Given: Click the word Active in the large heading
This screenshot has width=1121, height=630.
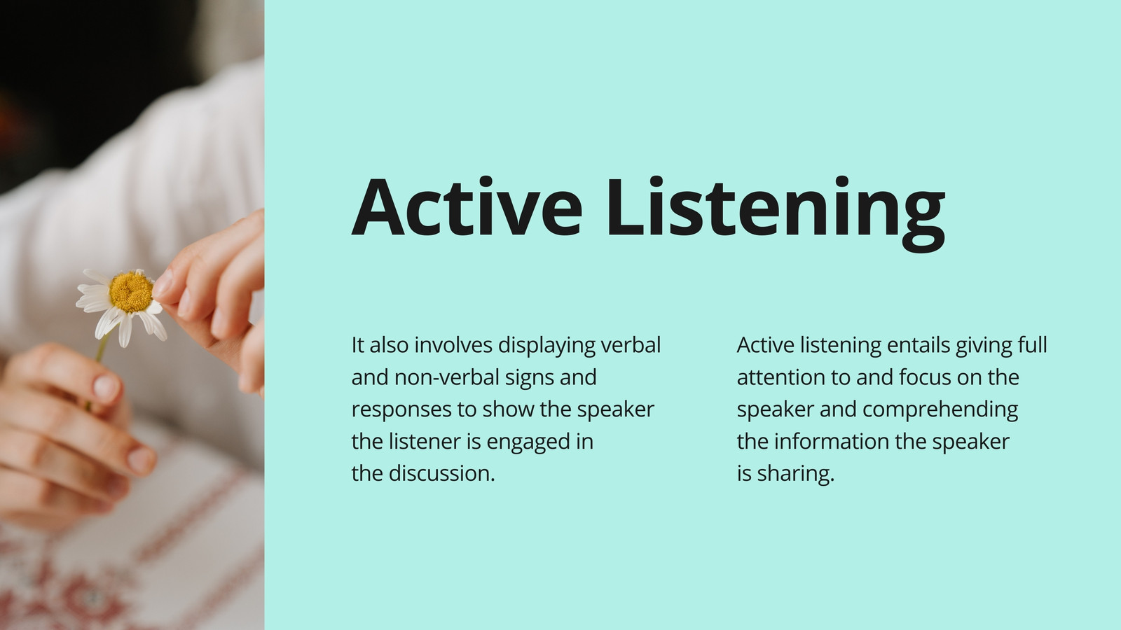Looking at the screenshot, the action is [x=467, y=206].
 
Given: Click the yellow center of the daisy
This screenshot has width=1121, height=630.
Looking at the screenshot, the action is [x=130, y=292].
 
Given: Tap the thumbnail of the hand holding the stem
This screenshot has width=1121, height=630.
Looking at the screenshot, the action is [x=106, y=387].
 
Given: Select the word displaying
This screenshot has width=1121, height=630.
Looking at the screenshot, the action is [x=546, y=346].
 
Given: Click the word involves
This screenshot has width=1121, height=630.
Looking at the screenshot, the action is [x=453, y=345].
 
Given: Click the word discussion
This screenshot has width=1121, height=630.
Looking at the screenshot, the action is [x=442, y=473].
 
